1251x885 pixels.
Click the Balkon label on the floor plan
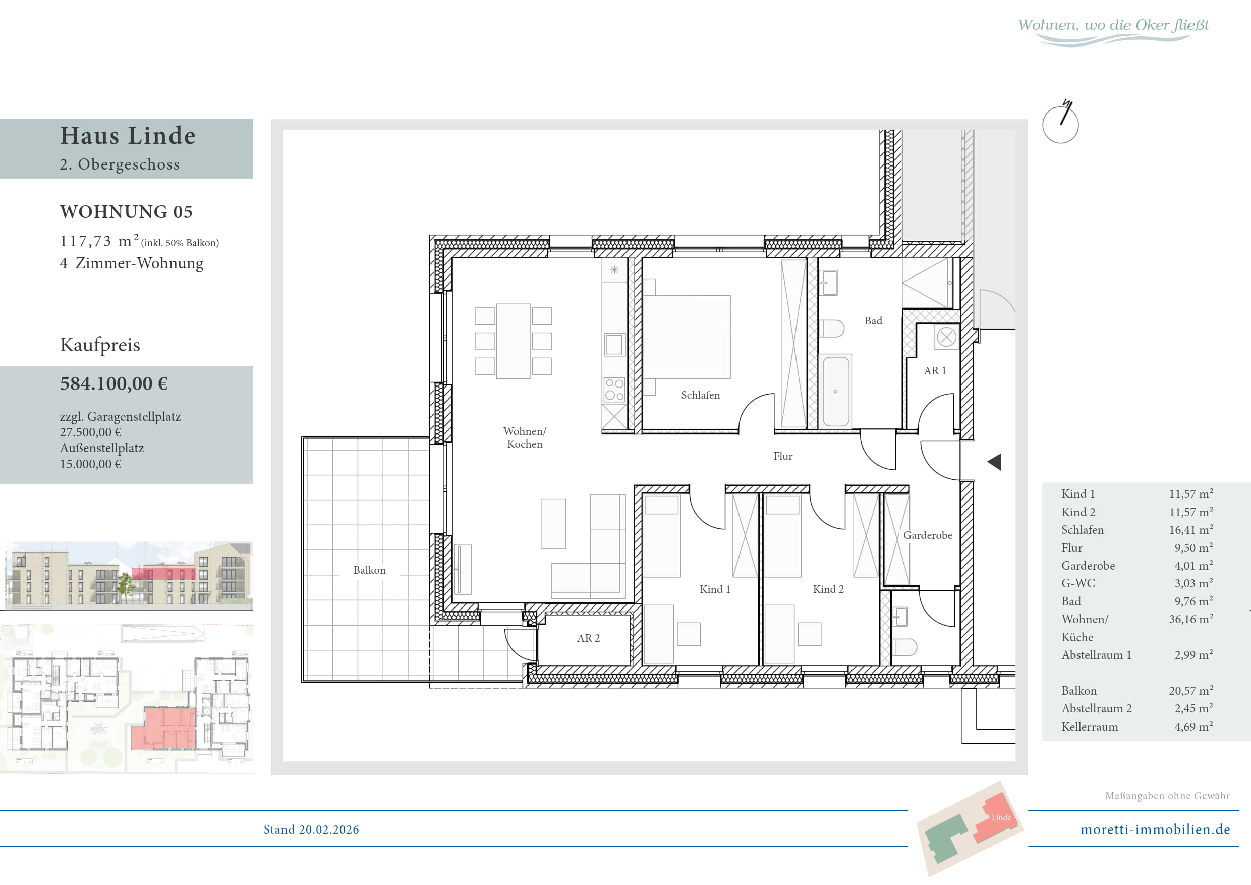(369, 570)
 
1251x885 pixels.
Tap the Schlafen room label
(700, 395)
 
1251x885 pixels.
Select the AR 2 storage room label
(589, 638)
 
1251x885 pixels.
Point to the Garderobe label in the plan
(927, 535)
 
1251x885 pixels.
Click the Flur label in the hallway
(783, 456)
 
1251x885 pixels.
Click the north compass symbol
(1060, 123)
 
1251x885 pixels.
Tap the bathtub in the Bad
(836, 391)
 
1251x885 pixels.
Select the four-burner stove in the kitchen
(614, 389)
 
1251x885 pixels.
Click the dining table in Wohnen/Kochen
(513, 341)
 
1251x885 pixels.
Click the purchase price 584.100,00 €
(114, 383)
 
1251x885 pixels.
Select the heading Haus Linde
(128, 135)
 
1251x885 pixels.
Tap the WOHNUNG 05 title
(127, 211)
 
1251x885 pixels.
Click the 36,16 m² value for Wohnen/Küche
(1191, 619)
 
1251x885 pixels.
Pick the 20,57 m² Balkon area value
(1191, 690)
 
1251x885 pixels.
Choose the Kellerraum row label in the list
(1090, 727)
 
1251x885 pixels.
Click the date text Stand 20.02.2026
(311, 829)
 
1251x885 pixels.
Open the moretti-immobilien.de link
(1155, 829)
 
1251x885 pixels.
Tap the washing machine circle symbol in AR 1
(946, 338)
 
